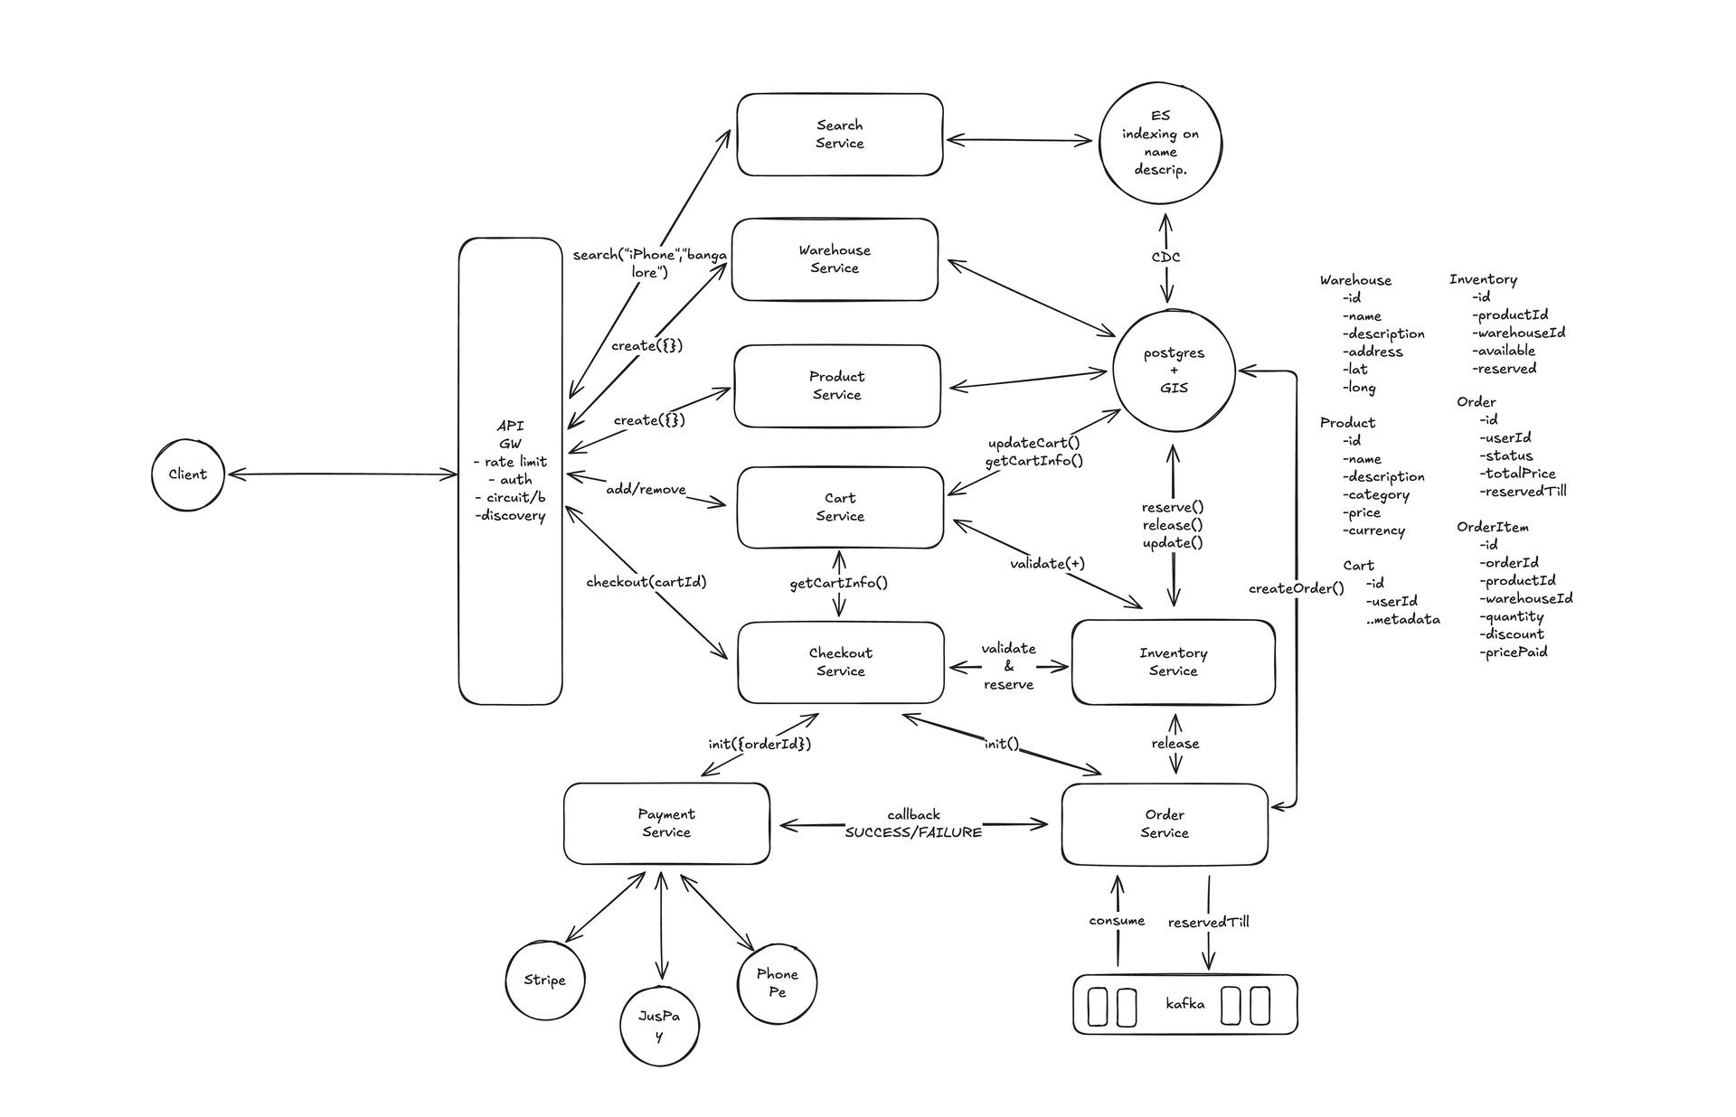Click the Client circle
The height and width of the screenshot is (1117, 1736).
click(187, 474)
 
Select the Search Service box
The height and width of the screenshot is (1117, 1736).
click(839, 135)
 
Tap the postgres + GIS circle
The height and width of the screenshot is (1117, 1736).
click(1174, 371)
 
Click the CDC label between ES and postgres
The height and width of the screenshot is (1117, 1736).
click(1165, 257)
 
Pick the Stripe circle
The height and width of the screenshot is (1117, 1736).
click(544, 980)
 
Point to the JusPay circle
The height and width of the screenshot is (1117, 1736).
click(659, 1025)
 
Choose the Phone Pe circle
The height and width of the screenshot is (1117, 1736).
click(777, 982)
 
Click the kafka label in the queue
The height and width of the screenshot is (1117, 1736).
click(1184, 1003)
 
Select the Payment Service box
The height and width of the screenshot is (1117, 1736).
click(666, 823)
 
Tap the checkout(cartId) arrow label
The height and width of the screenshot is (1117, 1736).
click(646, 582)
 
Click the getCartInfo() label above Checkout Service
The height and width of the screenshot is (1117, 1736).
click(838, 583)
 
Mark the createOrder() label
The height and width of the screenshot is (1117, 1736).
click(1296, 588)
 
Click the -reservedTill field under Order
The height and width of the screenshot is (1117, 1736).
click(1523, 491)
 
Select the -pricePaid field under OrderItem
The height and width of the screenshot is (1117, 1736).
click(1513, 652)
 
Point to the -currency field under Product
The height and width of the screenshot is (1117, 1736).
click(1373, 530)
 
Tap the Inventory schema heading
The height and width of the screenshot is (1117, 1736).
click(1483, 279)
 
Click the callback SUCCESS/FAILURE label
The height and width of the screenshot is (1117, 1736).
click(913, 823)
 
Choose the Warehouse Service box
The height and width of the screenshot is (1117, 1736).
click(835, 259)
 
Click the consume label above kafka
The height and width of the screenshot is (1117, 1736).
click(1117, 920)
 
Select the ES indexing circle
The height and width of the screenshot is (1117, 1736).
click(1160, 142)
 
